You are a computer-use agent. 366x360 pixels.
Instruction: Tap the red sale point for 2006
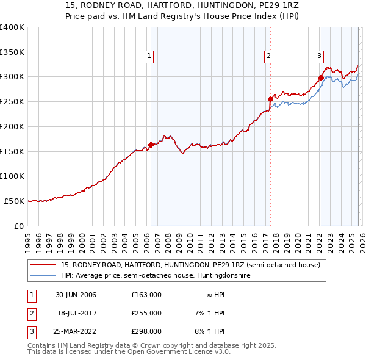point(151,145)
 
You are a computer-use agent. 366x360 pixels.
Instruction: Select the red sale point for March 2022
point(320,77)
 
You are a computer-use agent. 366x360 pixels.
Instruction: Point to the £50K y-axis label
point(14,201)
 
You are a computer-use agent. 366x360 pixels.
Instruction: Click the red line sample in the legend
point(43,265)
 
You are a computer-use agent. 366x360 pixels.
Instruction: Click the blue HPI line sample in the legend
point(43,276)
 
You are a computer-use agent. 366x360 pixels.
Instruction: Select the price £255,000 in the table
point(146,313)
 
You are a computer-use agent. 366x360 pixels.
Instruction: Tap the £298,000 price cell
point(146,331)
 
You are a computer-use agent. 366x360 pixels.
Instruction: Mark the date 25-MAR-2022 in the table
point(76,331)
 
